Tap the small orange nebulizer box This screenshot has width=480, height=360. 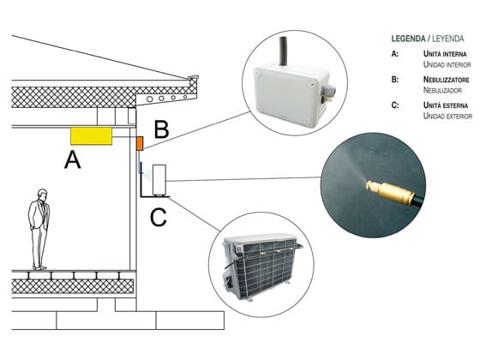139,142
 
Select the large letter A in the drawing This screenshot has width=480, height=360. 73,159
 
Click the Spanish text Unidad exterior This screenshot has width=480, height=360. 447,115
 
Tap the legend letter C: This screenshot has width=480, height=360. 394,105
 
